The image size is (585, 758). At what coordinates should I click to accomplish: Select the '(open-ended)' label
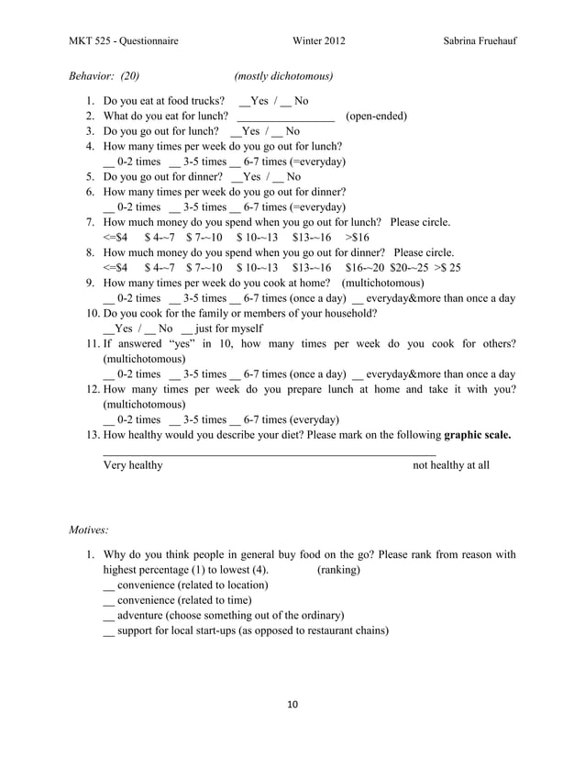pos(376,117)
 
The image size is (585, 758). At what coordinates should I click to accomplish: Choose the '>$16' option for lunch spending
pos(357,237)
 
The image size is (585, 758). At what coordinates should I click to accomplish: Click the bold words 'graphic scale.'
pos(477,434)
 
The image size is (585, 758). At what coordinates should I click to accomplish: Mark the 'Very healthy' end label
pos(133,465)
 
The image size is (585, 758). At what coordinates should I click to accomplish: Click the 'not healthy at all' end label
pos(451,465)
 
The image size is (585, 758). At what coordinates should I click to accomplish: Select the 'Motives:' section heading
pos(90,530)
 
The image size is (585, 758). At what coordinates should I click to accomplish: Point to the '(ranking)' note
pos(338,570)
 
